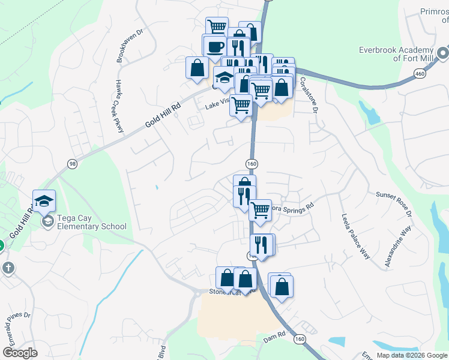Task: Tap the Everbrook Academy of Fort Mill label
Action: (x=396, y=54)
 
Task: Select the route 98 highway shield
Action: (x=73, y=164)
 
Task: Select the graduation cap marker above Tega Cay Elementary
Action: (x=44, y=201)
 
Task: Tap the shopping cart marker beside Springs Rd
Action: (x=260, y=210)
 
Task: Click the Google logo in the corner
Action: (x=20, y=353)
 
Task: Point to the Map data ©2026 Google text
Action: (x=412, y=355)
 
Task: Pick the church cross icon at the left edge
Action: (x=7, y=268)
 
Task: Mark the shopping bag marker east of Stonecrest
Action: (x=281, y=286)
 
